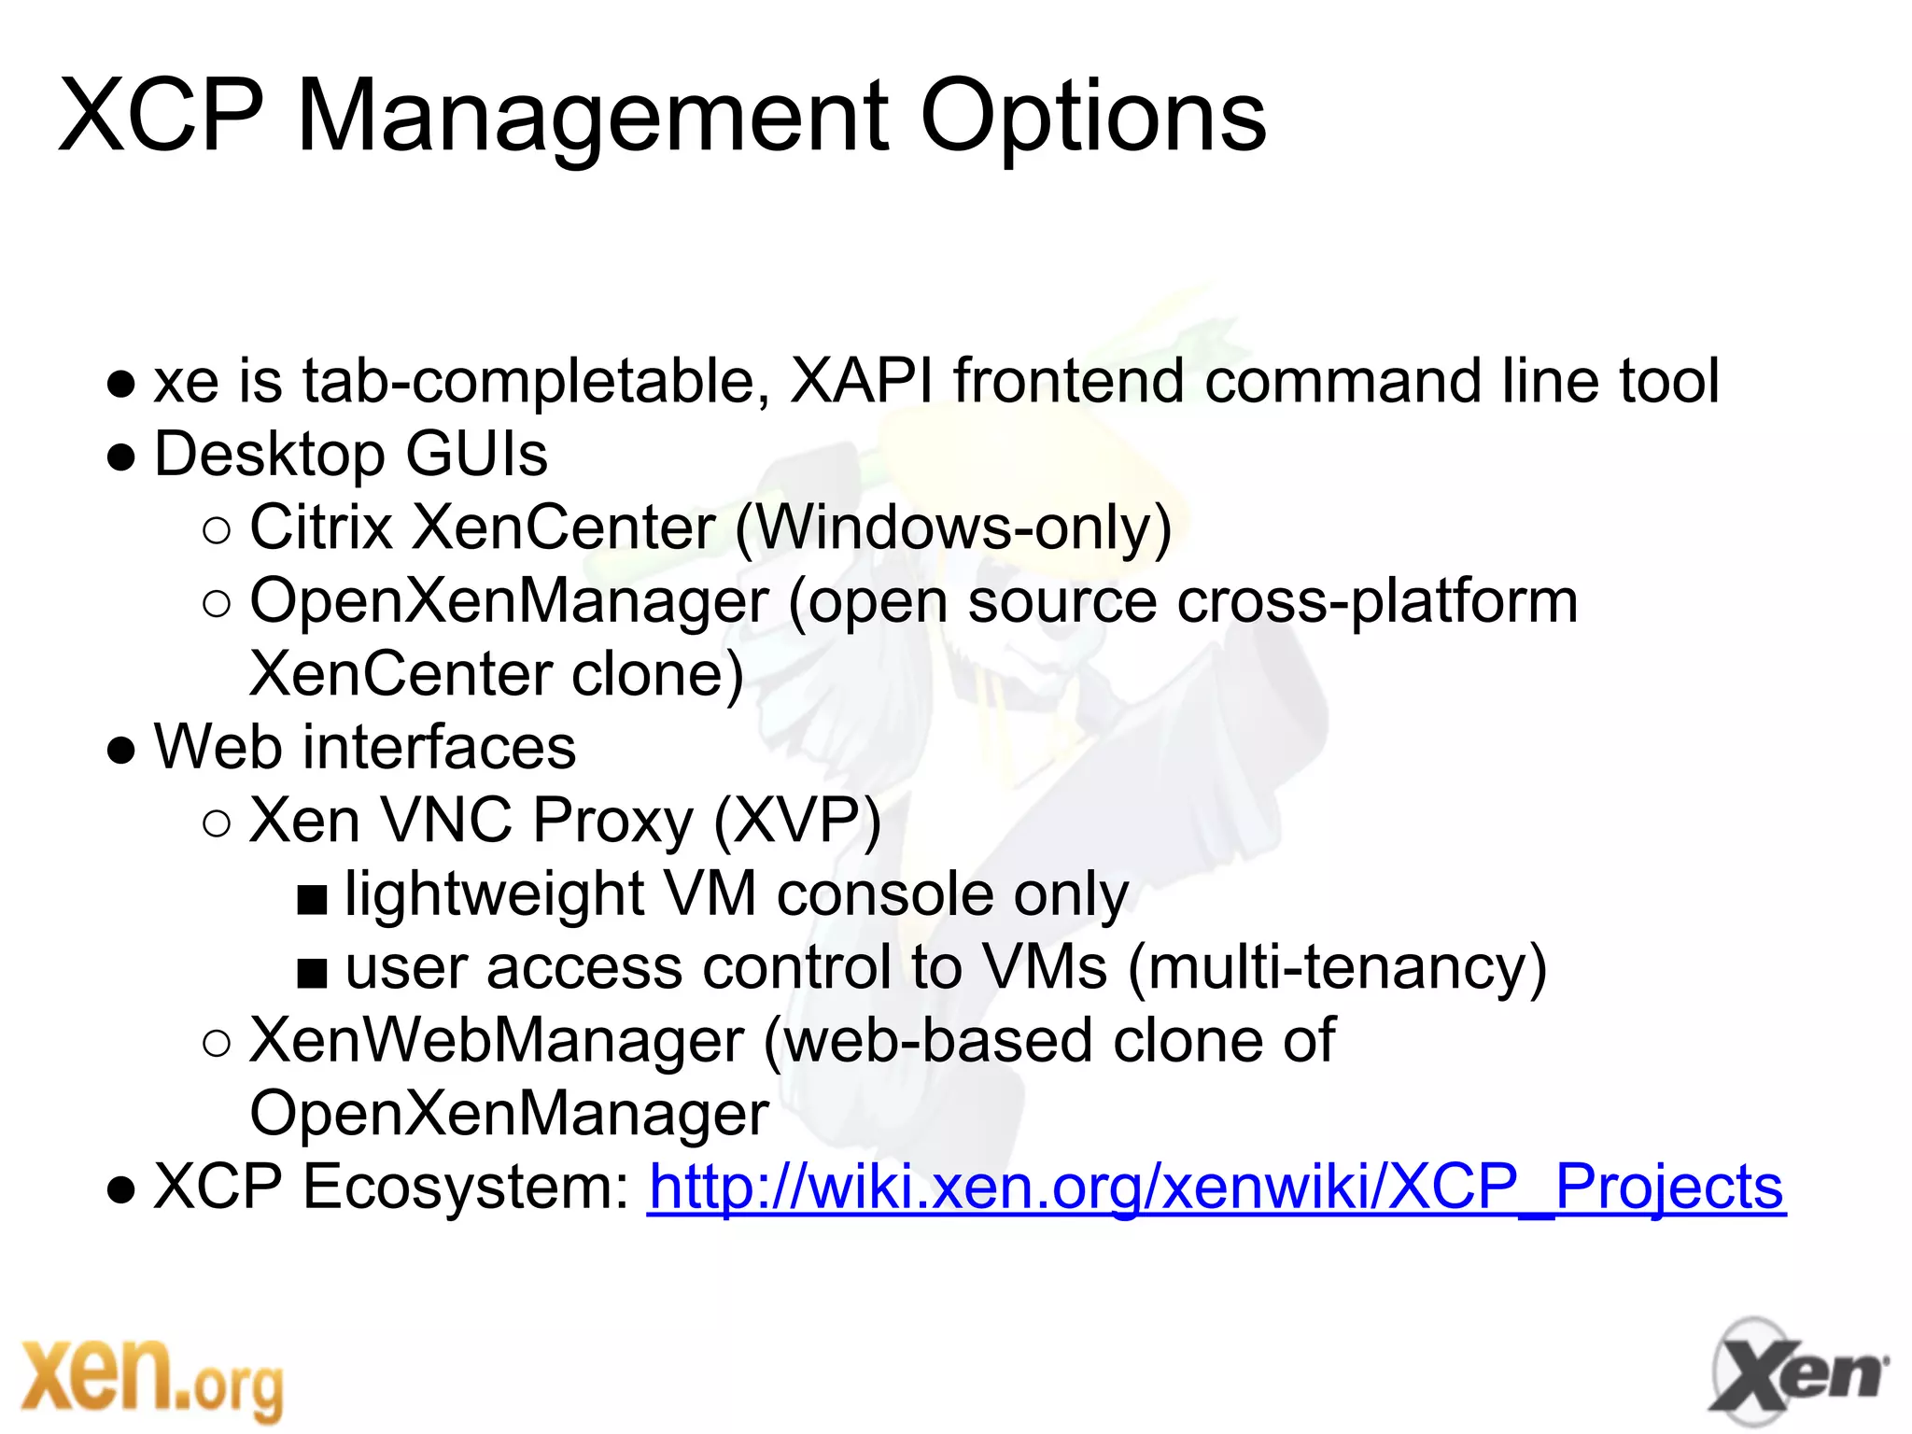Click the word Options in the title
coord(1092,119)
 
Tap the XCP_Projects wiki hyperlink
coord(1216,1188)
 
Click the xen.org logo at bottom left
coord(151,1377)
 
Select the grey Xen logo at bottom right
coord(1797,1373)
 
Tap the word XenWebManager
coord(497,1041)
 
